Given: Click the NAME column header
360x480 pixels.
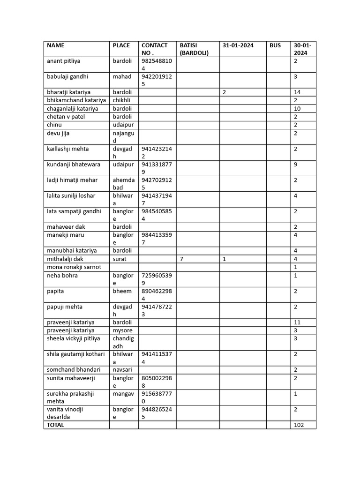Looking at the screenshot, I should (x=56, y=45).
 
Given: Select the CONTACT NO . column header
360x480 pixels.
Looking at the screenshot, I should (x=154, y=49).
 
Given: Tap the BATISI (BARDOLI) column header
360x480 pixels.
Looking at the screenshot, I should (x=194, y=49).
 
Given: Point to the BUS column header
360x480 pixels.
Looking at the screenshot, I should (x=275, y=45).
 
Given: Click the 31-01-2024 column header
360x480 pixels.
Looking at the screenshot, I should (x=238, y=45).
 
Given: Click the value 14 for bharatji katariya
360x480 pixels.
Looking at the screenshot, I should (x=297, y=92).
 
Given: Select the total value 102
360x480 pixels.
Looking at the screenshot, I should (x=299, y=425).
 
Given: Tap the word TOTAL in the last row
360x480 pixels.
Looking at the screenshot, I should (x=56, y=425).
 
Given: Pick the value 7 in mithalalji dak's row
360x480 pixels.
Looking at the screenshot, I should (x=181, y=259).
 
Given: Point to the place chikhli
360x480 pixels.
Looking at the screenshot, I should (x=121, y=100).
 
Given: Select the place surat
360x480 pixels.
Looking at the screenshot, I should (x=120, y=259).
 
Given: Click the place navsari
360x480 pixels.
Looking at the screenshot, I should (x=123, y=370).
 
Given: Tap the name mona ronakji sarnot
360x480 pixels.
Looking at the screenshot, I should (x=74, y=267).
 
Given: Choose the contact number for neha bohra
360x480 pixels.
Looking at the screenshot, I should (x=157, y=279).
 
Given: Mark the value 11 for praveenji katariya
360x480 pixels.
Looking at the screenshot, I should (x=297, y=322).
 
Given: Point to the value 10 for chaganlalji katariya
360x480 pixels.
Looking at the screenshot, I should (x=297, y=109).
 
